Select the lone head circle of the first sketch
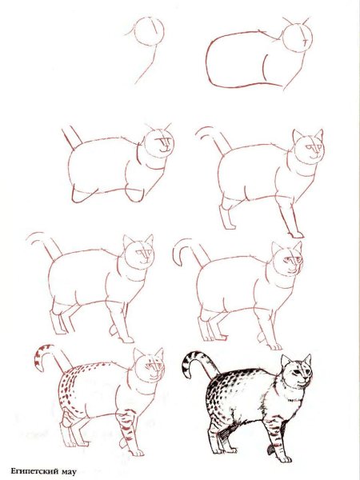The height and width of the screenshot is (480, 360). (150, 34)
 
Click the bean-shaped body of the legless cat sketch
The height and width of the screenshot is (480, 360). (244, 62)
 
